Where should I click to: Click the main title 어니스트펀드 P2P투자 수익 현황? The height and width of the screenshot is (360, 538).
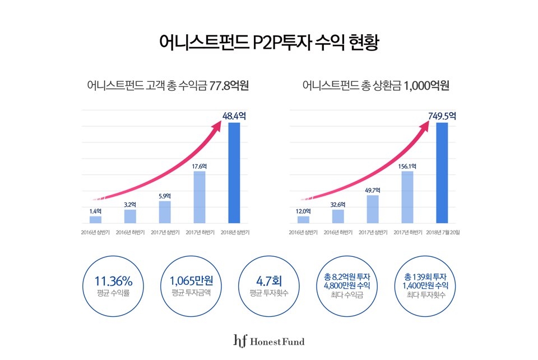(269, 43)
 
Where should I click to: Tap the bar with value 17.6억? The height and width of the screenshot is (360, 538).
(200, 197)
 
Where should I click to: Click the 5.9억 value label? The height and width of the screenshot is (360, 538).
(165, 196)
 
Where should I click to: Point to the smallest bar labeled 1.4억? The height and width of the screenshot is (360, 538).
(96, 219)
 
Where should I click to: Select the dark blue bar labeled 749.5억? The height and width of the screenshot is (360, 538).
(442, 173)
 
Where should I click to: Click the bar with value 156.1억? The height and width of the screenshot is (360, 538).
(407, 197)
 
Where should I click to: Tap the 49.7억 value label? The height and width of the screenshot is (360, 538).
(373, 190)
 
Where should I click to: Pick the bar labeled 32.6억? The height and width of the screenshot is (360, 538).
(338, 216)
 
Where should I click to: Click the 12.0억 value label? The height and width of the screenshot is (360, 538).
(303, 211)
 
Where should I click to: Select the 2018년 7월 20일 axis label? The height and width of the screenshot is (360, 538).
(442, 232)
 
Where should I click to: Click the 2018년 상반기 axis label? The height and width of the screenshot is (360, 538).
(234, 232)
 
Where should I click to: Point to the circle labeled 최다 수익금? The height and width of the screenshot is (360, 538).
(351, 285)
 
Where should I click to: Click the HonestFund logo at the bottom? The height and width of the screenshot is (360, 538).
(269, 340)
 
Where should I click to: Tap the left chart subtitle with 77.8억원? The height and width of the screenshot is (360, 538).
(168, 86)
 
